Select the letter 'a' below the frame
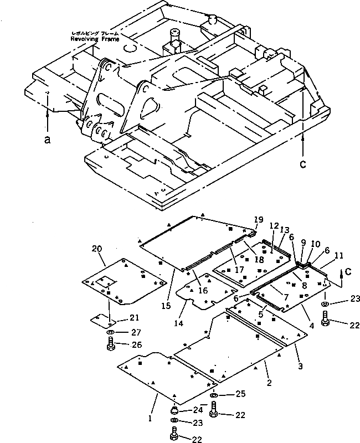click(47, 141)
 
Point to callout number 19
click(258, 220)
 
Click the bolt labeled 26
click(110, 347)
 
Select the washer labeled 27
click(110, 332)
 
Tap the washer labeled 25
click(215, 394)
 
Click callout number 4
click(311, 326)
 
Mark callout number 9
click(303, 242)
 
